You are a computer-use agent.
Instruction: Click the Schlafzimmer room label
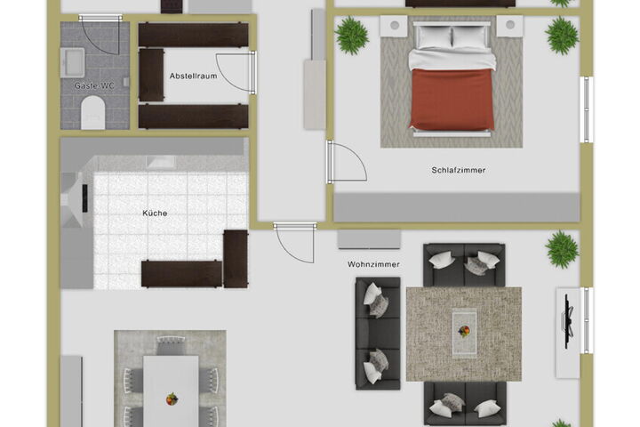pos(459,170)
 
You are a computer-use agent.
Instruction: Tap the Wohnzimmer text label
pos(373,264)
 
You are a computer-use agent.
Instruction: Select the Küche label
pos(155,213)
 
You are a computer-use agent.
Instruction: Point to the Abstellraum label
pos(194,76)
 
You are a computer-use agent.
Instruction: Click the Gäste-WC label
pos(94,85)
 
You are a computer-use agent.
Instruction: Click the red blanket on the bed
pos(452,99)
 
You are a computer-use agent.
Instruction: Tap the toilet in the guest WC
pos(93,113)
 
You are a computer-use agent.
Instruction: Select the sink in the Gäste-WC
pos(73,62)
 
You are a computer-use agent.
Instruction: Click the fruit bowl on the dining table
pos(172,399)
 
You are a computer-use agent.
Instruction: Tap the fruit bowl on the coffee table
pos(464,332)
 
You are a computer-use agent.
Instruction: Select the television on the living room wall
pos(568,321)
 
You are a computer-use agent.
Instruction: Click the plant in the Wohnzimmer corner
pos(562,249)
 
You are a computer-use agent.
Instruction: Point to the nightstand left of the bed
pos(394,26)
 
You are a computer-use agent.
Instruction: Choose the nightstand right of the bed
pos(510,26)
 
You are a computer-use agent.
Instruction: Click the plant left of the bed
pos(352,36)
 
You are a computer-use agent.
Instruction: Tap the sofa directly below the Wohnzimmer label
pos(378,333)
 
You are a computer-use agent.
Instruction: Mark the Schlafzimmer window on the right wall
pos(587,109)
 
